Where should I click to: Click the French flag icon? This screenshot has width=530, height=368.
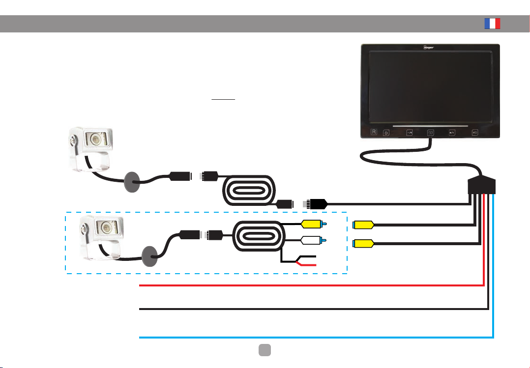[492, 24]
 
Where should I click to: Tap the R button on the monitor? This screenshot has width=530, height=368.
[374, 132]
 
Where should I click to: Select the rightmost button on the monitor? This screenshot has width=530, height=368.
[475, 132]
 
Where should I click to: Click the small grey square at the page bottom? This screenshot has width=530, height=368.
[265, 348]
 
